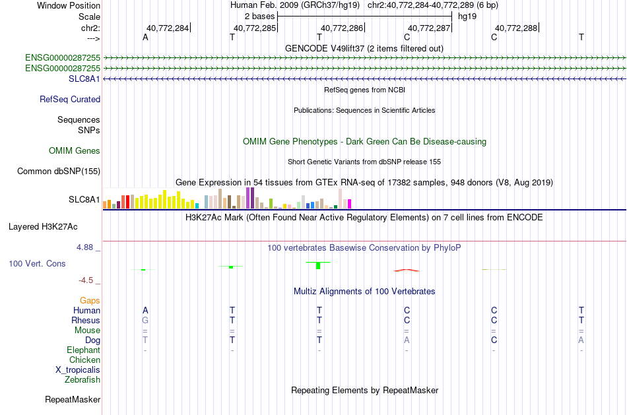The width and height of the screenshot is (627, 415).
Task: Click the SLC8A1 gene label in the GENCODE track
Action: point(84,79)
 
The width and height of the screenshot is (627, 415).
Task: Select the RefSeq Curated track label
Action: point(70,99)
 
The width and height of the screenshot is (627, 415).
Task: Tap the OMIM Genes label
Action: point(75,150)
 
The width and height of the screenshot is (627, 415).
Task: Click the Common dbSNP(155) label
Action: point(59,171)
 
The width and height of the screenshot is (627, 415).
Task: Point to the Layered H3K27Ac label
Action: point(43,227)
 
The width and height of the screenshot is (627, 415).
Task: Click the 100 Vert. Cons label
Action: point(37,263)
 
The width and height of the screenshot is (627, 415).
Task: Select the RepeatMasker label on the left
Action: point(73,399)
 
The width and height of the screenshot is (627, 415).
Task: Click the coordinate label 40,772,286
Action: point(342,28)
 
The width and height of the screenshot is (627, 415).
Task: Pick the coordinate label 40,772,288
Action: point(516,28)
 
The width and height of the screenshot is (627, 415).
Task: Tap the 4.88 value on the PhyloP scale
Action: point(84,247)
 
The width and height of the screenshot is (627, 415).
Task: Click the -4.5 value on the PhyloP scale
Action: point(86,280)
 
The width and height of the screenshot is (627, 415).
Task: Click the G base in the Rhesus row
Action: point(145,320)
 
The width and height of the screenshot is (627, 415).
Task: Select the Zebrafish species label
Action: point(82,379)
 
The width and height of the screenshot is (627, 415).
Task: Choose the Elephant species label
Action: point(84,350)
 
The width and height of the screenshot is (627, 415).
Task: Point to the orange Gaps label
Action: point(90,300)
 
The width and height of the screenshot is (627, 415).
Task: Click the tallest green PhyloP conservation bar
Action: point(318,266)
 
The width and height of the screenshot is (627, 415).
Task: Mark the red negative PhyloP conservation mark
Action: point(407,271)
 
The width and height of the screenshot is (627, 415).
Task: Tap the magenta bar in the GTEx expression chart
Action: point(349,204)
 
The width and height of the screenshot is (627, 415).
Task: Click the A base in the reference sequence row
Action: point(145,37)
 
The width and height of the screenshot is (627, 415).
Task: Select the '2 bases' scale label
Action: point(260,16)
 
